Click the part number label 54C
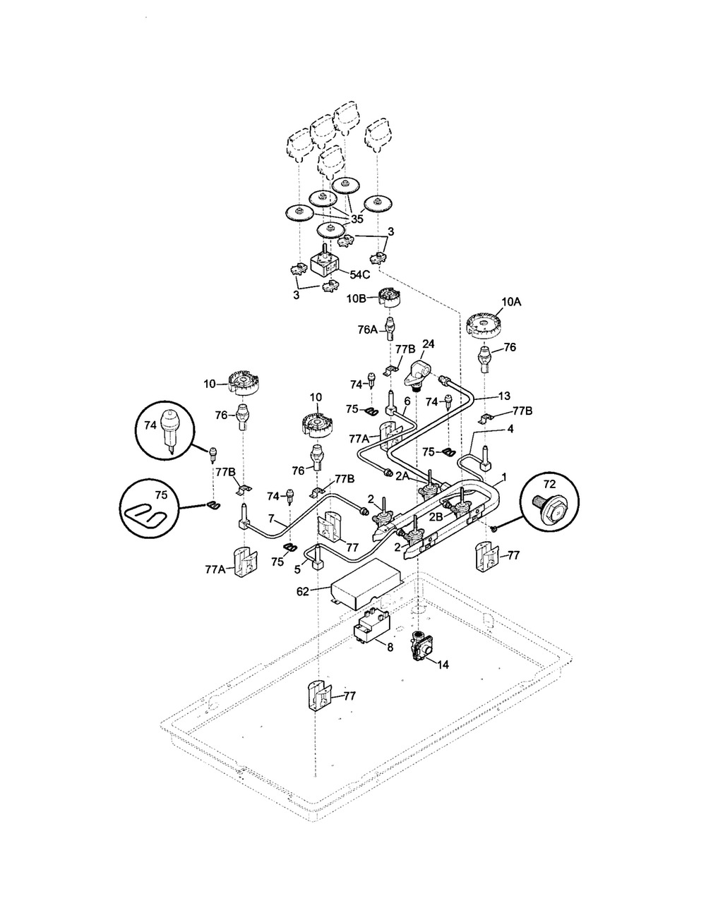click(x=360, y=274)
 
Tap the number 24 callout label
click(x=428, y=344)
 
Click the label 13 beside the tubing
click(x=504, y=396)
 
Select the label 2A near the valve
click(x=402, y=475)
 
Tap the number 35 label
click(x=357, y=219)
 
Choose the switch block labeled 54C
click(x=325, y=262)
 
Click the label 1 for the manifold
click(x=504, y=478)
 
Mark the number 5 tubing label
click(x=297, y=570)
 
